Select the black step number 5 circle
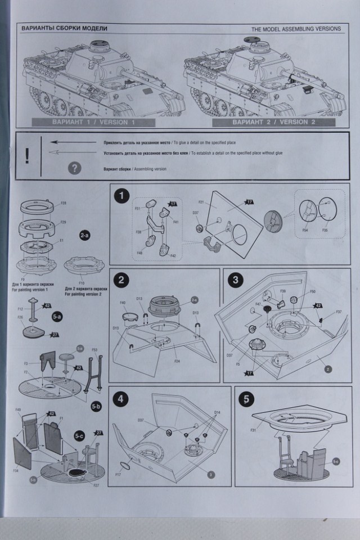point(245,399)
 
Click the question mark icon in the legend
point(74,168)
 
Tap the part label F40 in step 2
point(123,303)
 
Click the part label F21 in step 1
point(201,201)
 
